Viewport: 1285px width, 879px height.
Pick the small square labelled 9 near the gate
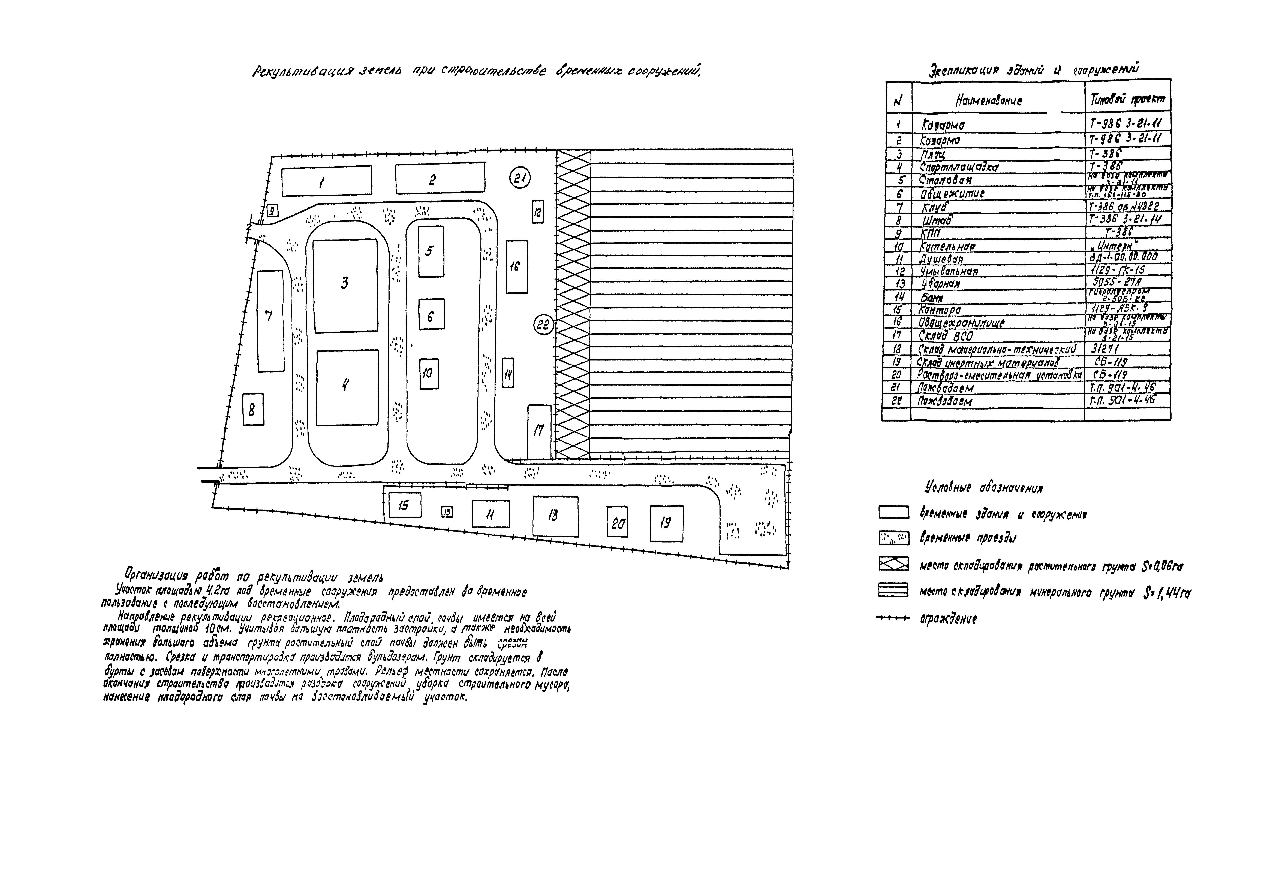272,211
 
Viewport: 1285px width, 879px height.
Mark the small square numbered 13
447,512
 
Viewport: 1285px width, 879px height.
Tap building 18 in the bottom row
555,516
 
